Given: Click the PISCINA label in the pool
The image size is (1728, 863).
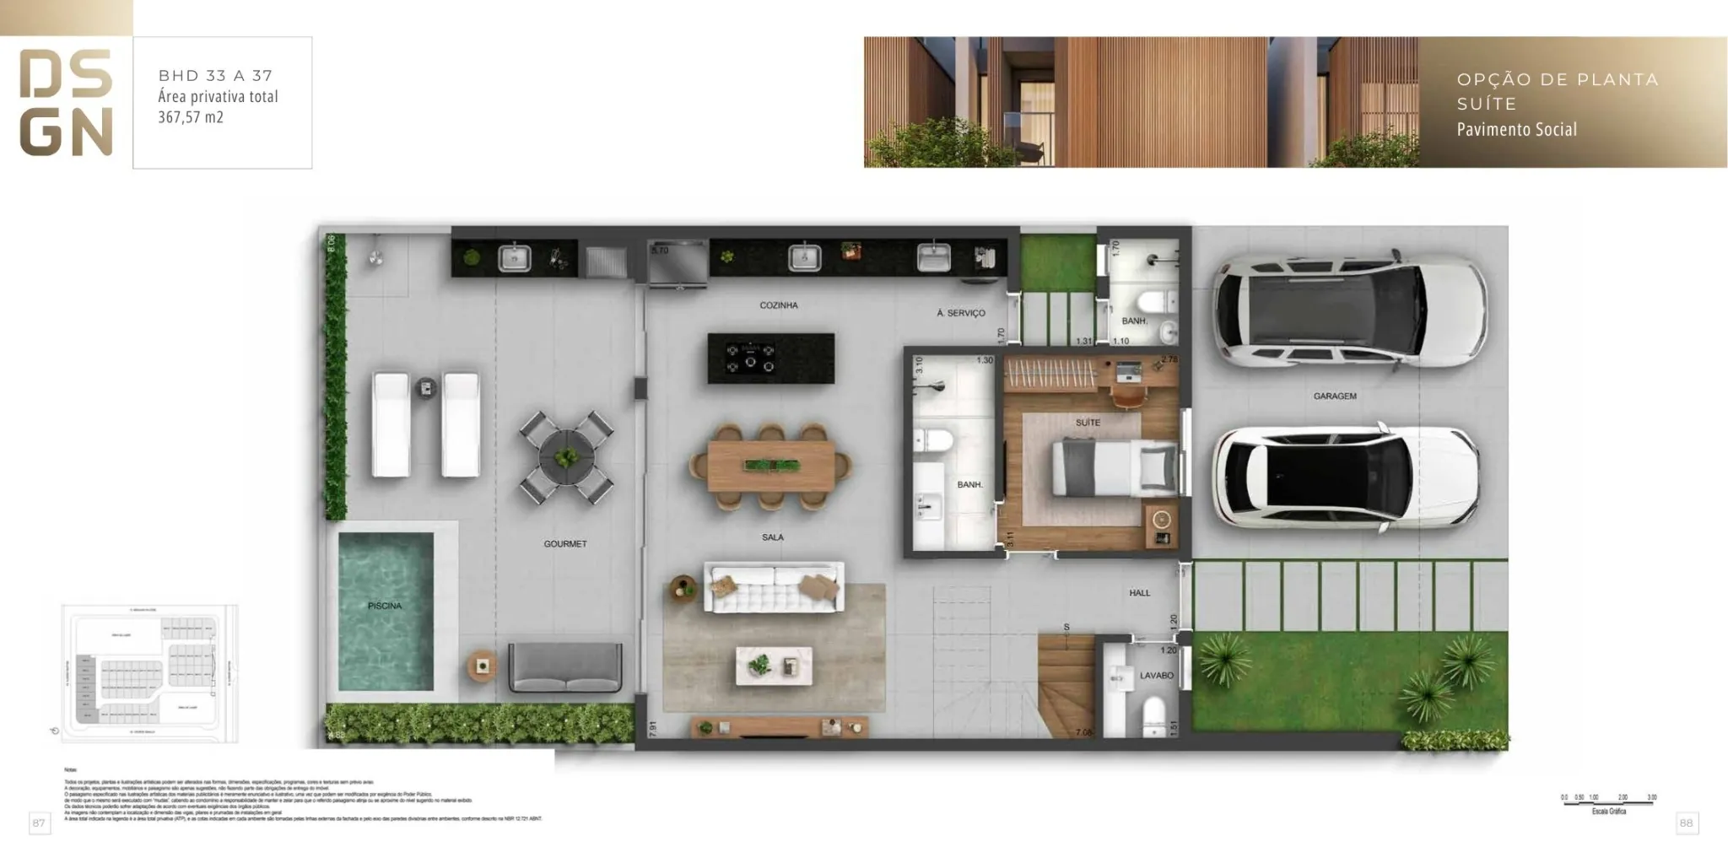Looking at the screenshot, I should point(385,606).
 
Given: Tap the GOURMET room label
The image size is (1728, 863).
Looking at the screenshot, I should point(565,544).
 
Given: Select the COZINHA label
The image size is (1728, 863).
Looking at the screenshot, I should point(778,305).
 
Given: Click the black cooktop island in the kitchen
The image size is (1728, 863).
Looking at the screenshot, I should point(770,359).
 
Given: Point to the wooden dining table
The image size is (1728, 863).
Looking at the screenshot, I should point(770,467).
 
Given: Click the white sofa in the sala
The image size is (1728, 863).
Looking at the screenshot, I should point(774,587).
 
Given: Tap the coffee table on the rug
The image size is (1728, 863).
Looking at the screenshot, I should point(774,666).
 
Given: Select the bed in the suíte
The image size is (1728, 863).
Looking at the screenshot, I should point(1114,468).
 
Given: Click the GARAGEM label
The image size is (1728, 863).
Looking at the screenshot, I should point(1334,396).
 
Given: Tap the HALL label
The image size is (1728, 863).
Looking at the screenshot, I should point(1139,593).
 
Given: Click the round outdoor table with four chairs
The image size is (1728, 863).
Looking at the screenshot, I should point(566,458).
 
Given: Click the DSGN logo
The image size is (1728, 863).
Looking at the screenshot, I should point(66,103).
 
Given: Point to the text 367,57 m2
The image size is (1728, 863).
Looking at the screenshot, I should point(191,117).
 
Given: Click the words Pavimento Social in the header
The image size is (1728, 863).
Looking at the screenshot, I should point(1516,130).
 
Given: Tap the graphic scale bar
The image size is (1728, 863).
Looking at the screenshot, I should point(1608,803).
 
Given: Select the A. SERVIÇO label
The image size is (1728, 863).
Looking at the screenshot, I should point(960,313).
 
